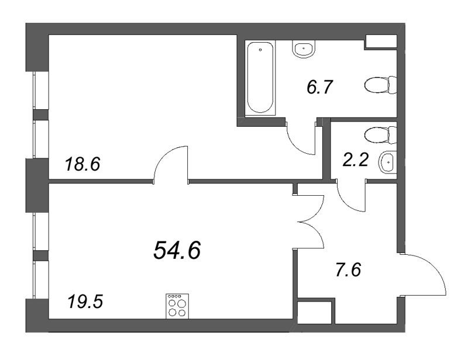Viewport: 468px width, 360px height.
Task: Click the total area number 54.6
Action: point(177,250)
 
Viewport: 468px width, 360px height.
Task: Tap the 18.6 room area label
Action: point(82,165)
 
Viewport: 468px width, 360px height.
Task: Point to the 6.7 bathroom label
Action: point(320,88)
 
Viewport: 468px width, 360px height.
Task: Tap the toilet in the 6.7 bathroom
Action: point(379,86)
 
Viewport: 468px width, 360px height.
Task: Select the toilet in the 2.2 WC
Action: point(379,136)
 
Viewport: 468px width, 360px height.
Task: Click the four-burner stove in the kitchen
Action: point(177,306)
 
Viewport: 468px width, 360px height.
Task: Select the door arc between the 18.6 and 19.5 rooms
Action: point(170,165)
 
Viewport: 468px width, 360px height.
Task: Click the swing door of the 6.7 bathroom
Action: point(302,139)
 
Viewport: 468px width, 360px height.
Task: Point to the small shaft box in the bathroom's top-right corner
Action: point(380,41)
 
